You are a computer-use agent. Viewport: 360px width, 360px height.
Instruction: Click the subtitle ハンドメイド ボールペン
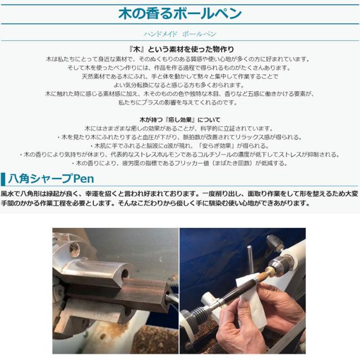point(180,34)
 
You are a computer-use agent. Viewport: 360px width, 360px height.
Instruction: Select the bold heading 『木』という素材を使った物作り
point(180,49)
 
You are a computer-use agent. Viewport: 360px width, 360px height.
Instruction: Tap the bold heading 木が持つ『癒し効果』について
point(180,120)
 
